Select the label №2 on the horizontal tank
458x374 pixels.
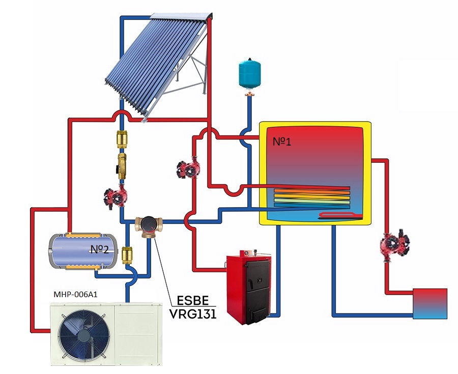pos(100,249)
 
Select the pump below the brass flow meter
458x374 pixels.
pos(114,197)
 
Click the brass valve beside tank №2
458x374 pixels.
pos(128,253)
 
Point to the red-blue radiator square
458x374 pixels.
pos(430,304)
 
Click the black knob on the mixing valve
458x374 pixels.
pos(149,222)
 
